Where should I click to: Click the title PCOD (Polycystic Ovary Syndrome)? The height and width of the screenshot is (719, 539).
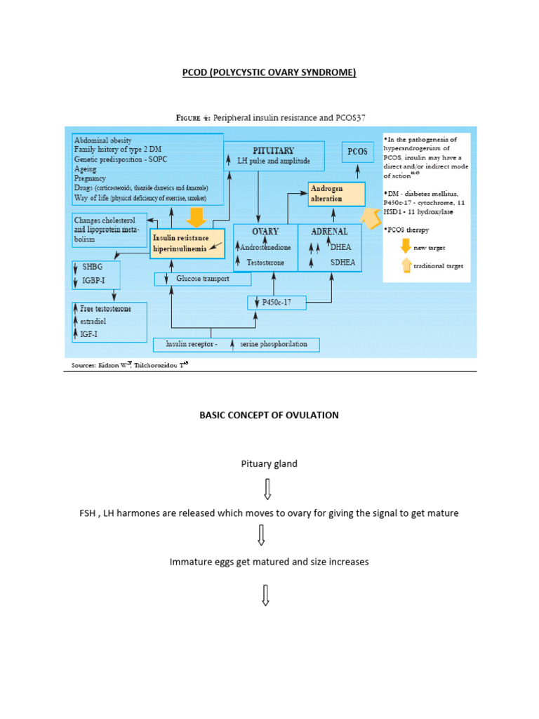point(269,72)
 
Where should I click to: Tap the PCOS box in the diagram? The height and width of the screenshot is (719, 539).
point(357,152)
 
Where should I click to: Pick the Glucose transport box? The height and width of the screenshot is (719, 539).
point(203,279)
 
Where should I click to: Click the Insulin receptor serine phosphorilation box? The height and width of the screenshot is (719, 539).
point(236,344)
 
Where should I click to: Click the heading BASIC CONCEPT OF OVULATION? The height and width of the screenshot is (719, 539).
point(269,415)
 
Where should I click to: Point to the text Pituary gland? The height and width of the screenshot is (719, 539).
point(269,463)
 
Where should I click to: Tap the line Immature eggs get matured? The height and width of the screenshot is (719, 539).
point(269,562)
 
